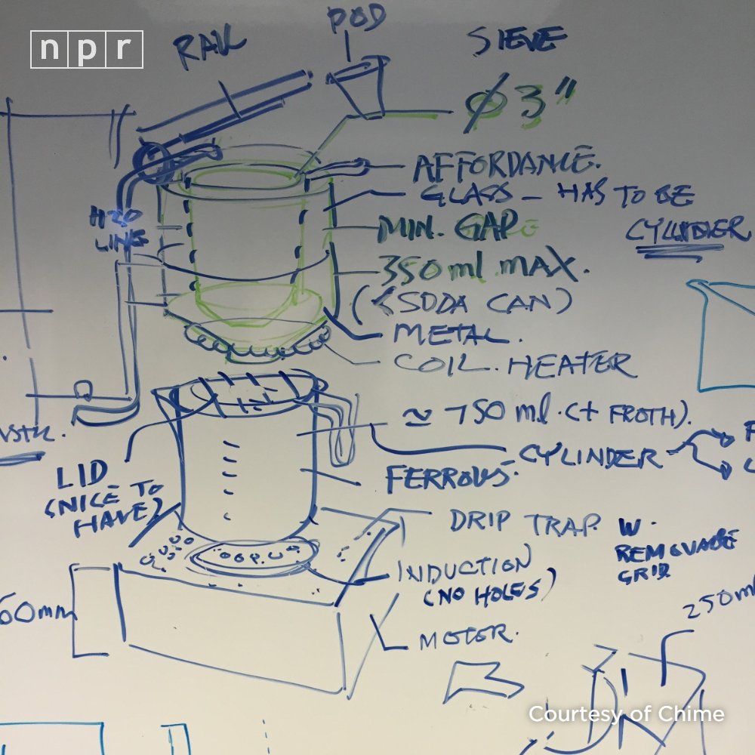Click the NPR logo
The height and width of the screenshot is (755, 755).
coord(86,49)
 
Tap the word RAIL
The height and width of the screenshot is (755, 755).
coord(212,52)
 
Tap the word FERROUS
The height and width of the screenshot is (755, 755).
coord(445,476)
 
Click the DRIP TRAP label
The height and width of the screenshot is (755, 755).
coord(525,521)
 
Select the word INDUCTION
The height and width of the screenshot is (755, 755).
coord(464,568)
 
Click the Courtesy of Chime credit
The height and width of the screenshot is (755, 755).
coord(626,713)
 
